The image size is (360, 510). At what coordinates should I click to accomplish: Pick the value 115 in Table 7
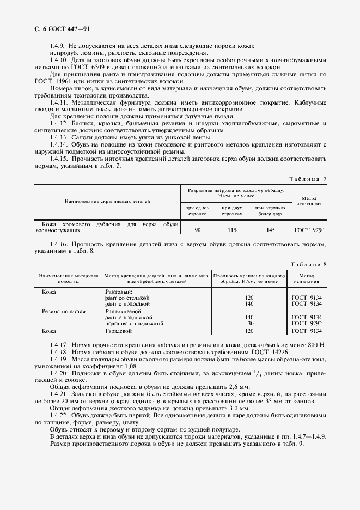coord(232,230)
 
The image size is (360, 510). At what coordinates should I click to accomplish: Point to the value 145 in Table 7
coord(271,230)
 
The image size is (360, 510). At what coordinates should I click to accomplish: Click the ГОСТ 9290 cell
coord(309,230)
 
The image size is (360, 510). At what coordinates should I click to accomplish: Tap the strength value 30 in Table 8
coord(250,323)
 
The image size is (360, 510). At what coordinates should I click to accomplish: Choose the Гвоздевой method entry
coord(119,330)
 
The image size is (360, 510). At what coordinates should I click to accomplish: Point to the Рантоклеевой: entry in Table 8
coord(124,311)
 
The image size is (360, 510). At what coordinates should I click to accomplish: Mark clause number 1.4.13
coord(59,138)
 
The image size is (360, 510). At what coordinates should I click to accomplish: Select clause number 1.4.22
coord(59,415)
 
